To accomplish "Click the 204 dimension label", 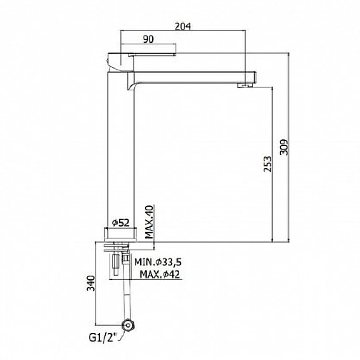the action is coord(182,26).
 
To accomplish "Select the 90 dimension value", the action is coord(148,39).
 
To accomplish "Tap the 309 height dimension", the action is coord(284,147).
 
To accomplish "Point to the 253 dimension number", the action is coord(267,164).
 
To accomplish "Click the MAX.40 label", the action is coord(149,222).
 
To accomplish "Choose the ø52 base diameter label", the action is coord(120,222).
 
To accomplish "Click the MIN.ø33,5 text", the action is coord(158,262).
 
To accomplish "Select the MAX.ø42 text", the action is coord(160,274).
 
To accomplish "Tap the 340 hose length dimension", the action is coord(91,283).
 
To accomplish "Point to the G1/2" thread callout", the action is coord(103,338).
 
